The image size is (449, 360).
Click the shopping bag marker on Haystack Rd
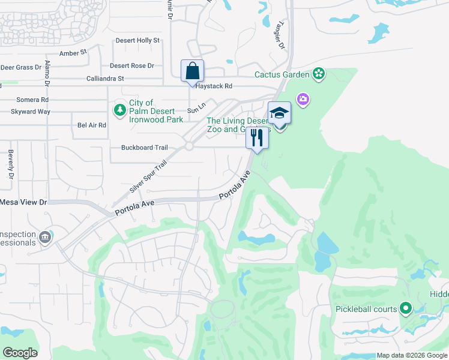pyautogui.click(x=192, y=71)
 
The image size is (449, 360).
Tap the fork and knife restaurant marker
pyautogui.click(x=257, y=138)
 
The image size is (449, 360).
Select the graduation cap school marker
pyautogui.click(x=279, y=113)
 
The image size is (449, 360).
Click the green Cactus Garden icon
pyautogui.click(x=319, y=75)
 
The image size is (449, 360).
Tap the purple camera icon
pyautogui.click(x=303, y=99)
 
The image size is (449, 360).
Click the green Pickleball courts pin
pyautogui.click(x=406, y=309)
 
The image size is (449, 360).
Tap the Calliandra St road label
pyautogui.click(x=104, y=79)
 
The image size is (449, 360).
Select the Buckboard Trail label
pyautogui.click(x=144, y=148)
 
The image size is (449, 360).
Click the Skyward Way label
pyautogui.click(x=30, y=112)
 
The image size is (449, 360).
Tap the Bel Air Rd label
pyautogui.click(x=91, y=125)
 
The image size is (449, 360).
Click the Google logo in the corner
pyautogui.click(x=20, y=353)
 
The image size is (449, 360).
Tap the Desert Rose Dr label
pyautogui.click(x=131, y=66)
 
